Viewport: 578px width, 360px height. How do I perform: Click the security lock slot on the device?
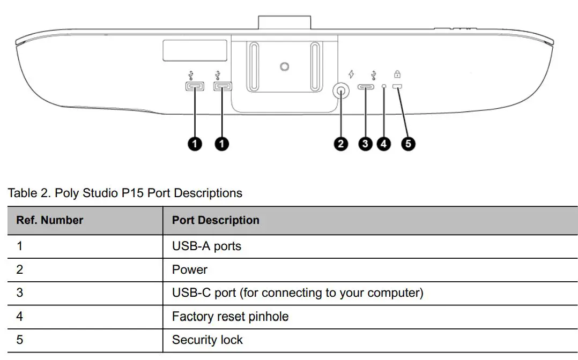coord(398,87)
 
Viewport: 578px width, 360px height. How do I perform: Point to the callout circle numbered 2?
coord(340,144)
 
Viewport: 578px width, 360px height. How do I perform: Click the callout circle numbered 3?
coord(366,144)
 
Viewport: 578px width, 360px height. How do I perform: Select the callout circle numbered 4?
coord(384,144)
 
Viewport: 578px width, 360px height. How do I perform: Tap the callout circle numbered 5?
coord(409,144)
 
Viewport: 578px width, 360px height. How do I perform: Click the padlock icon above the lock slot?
coord(397,74)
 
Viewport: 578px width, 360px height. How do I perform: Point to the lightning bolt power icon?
coord(351,74)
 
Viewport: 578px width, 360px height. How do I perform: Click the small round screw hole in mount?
coord(285,66)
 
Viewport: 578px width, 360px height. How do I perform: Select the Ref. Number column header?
coord(50,220)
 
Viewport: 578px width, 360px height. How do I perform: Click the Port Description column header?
coord(216,220)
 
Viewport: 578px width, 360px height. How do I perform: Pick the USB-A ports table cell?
coord(206,246)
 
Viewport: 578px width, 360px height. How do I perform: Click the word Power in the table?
coord(189,269)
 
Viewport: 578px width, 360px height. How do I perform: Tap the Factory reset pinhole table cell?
coord(230,317)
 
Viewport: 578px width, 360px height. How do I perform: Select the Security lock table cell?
coord(207,340)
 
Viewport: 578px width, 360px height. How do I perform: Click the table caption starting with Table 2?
coord(125,193)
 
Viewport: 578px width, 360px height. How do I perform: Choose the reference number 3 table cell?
coord(20,293)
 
